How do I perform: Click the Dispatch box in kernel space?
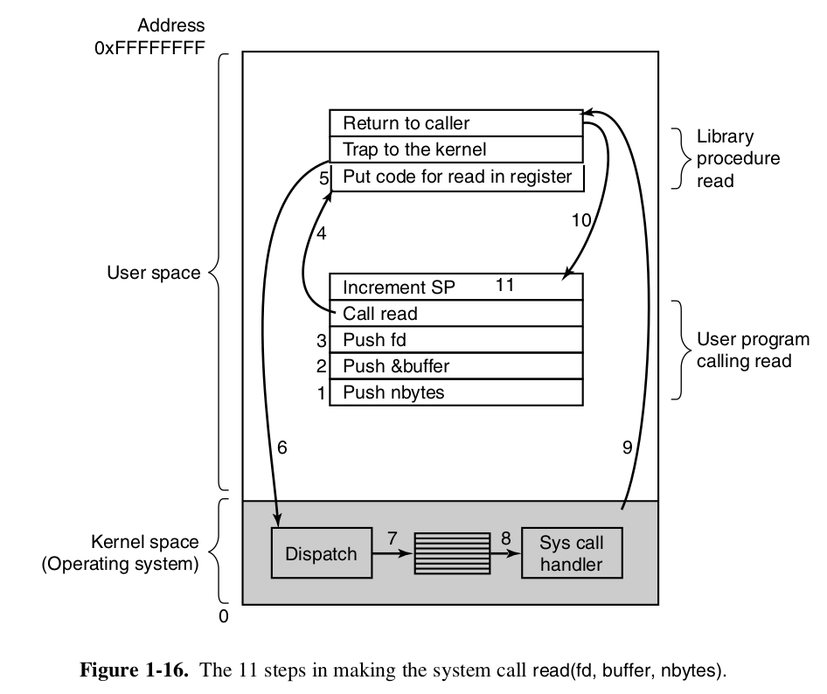(x=321, y=553)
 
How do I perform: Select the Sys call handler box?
(x=572, y=553)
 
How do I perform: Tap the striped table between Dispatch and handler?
(x=452, y=553)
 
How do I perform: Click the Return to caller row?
(x=455, y=123)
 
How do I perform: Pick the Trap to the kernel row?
(x=455, y=149)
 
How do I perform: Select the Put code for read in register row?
(x=455, y=177)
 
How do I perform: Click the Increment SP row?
(x=455, y=287)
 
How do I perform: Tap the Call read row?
(x=455, y=313)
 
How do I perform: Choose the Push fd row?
(x=455, y=339)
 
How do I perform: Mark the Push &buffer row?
(x=455, y=365)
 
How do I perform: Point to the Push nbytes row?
(x=455, y=392)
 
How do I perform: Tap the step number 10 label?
(x=581, y=221)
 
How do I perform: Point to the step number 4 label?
(x=321, y=234)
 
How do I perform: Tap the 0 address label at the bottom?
(x=223, y=616)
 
